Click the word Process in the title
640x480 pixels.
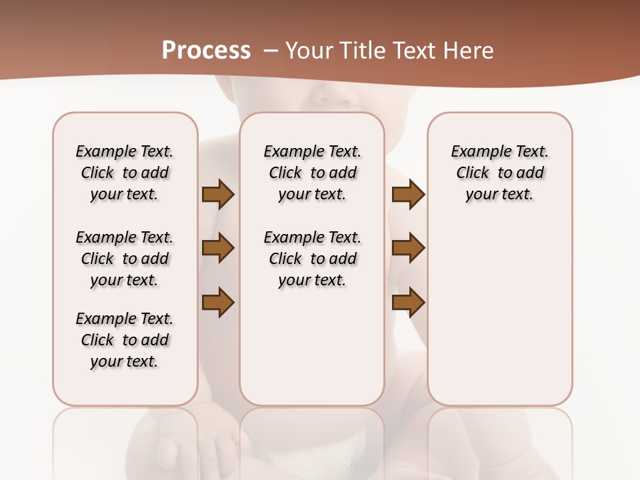point(206,51)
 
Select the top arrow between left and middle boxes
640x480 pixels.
point(218,195)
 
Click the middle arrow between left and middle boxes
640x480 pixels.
point(218,248)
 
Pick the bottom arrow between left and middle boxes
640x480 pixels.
point(218,302)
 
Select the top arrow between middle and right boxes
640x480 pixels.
point(408,195)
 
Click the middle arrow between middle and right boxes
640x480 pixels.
point(408,248)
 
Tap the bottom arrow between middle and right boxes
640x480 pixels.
point(408,302)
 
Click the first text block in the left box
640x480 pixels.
point(125,173)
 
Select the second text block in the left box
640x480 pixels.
point(125,259)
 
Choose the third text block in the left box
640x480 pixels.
point(125,340)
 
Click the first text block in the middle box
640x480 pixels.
point(312,173)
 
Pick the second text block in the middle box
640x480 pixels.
point(312,259)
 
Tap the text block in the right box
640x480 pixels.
point(499,173)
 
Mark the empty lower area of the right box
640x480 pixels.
point(499,313)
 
